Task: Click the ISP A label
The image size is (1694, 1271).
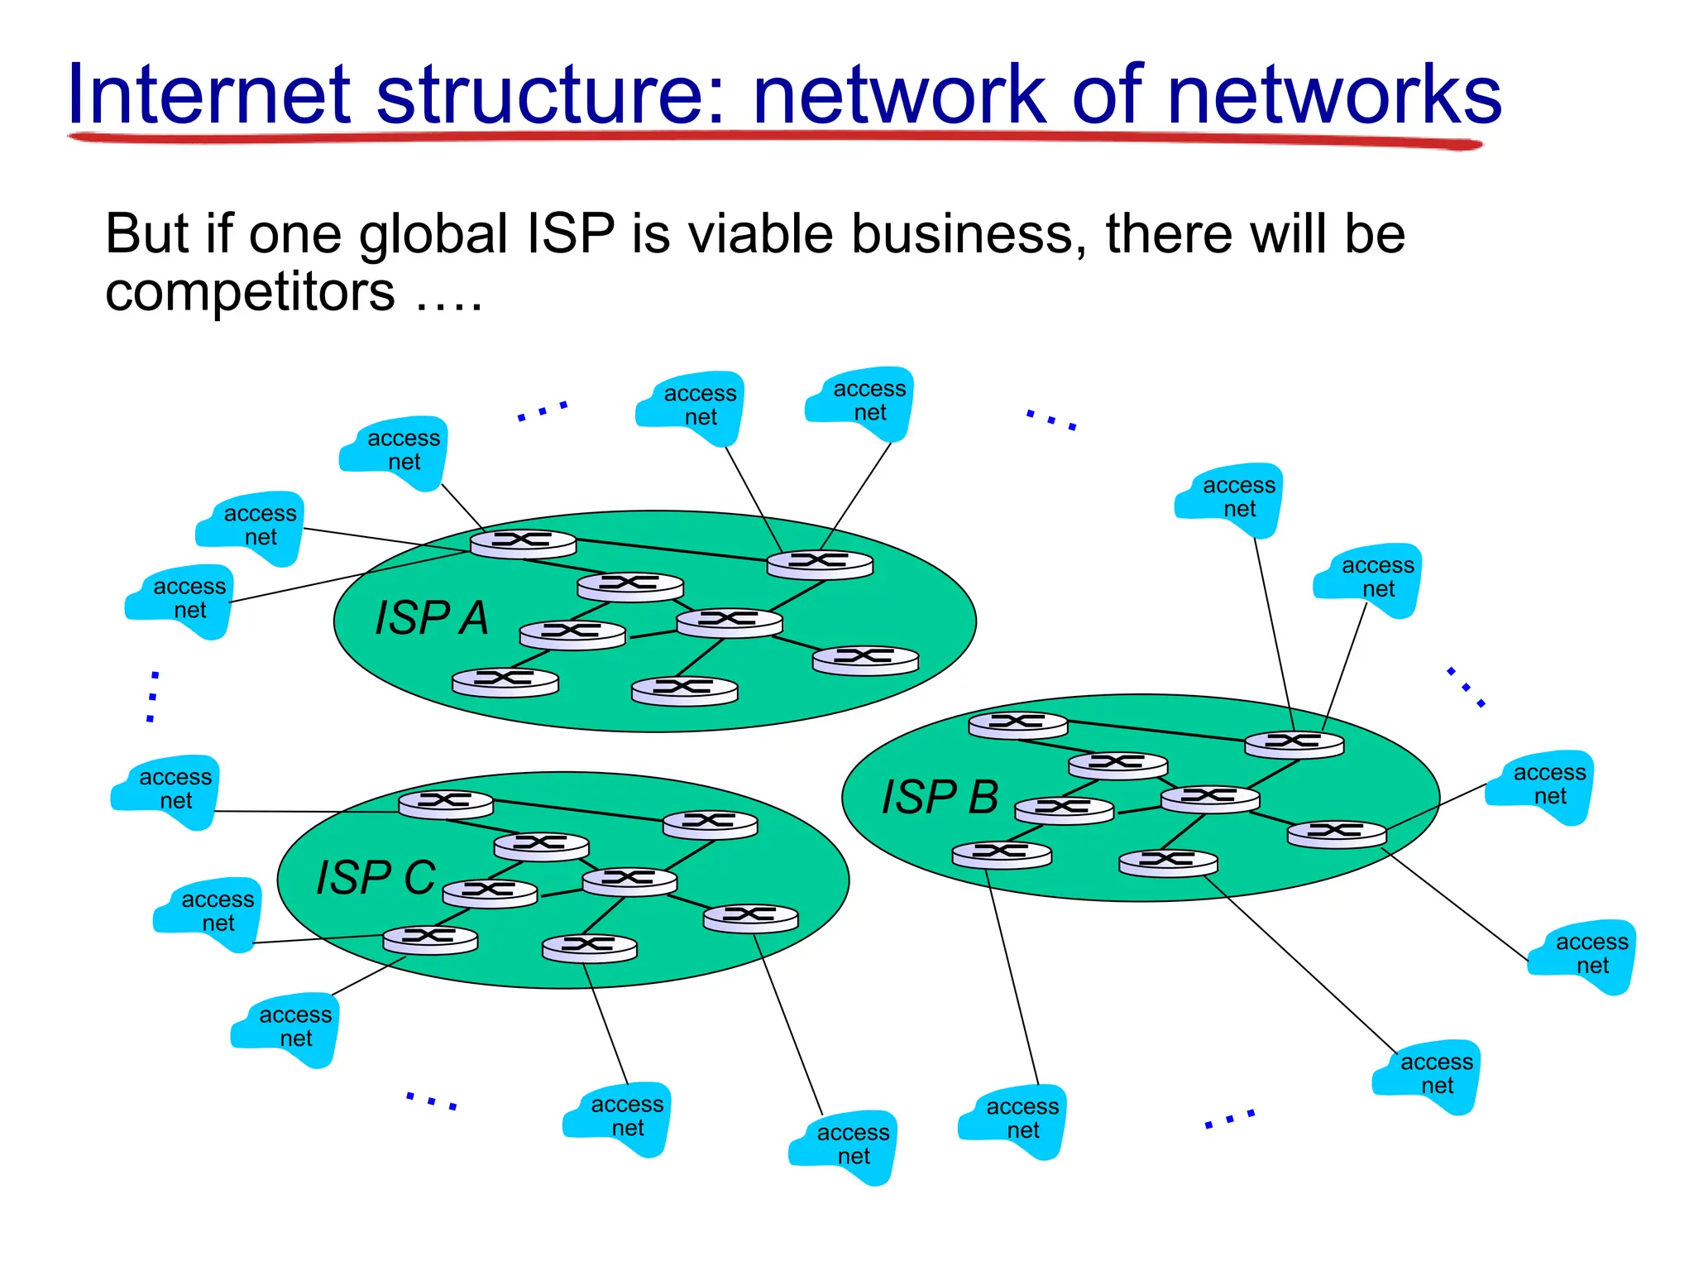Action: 432,618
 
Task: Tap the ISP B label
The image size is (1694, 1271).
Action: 940,797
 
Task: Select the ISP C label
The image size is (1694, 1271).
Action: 376,878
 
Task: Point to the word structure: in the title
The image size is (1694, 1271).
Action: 551,94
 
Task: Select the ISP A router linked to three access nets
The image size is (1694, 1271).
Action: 523,543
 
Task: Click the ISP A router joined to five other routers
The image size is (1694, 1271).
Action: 729,622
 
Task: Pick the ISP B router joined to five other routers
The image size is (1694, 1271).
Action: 1210,799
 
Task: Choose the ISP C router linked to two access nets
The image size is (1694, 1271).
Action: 430,939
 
